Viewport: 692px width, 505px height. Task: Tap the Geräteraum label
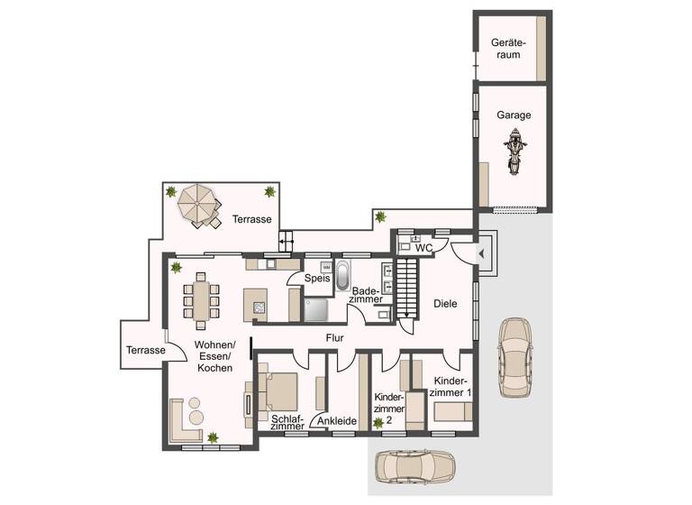506,49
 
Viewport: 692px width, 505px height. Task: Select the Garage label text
514,115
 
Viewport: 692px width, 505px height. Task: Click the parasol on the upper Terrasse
197,205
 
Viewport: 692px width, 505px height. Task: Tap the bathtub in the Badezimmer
343,275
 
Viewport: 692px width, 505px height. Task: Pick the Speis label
316,279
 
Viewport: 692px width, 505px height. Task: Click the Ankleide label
338,421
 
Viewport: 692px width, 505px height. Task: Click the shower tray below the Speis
315,309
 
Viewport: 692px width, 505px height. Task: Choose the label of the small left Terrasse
145,350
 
